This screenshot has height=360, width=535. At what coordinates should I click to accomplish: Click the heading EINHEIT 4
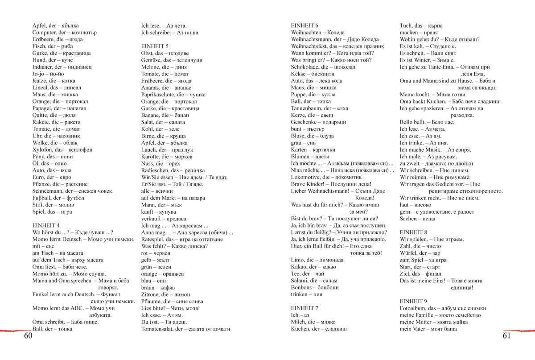(46, 225)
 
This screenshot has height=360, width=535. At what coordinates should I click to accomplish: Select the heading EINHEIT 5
(155, 46)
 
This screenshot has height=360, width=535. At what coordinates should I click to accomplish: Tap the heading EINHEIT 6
(305, 26)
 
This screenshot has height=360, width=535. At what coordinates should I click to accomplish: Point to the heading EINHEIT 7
(305, 308)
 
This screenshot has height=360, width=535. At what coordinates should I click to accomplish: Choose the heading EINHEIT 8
(413, 232)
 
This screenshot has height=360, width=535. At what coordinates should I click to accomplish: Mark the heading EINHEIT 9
(413, 301)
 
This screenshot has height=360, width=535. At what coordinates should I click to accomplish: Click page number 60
(29, 335)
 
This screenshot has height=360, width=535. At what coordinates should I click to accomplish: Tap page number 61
(506, 335)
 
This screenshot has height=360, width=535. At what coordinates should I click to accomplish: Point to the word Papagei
(42, 108)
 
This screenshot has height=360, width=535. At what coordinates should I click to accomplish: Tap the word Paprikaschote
(158, 95)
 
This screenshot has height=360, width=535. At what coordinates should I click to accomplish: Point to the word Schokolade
(305, 67)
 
